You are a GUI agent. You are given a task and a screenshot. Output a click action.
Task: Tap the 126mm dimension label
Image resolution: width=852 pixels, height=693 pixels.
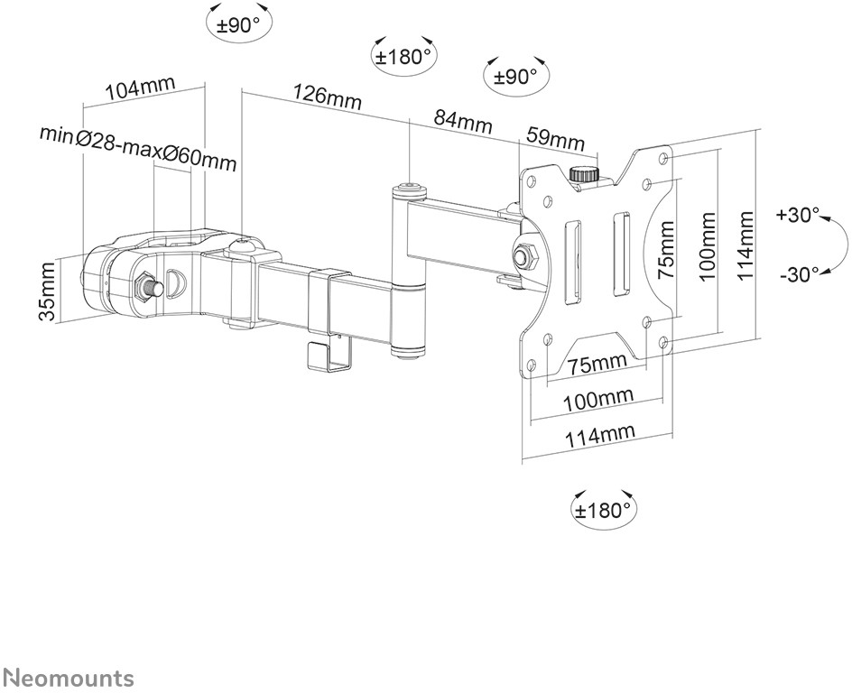326,97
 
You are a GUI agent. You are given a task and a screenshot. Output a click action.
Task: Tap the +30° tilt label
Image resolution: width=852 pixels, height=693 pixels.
799,216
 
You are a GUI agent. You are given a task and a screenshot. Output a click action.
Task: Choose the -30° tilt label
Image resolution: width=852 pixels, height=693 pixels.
799,273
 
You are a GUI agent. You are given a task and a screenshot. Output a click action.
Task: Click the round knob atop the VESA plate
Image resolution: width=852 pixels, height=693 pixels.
586,173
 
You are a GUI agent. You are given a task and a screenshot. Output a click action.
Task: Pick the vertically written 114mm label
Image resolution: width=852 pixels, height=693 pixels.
744,246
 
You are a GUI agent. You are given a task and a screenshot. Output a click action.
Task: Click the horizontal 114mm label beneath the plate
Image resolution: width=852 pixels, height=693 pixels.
599,436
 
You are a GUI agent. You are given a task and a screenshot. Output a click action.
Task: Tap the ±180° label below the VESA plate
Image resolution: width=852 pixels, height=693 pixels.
604,510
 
